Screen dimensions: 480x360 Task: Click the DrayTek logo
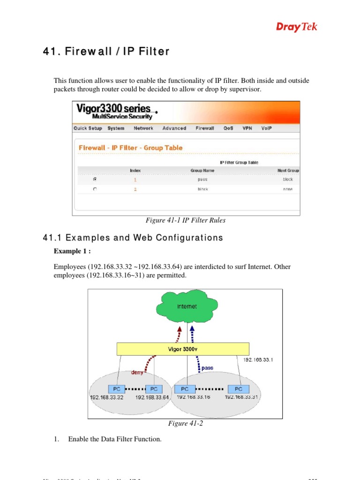[296, 27]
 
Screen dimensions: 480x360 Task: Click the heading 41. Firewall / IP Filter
[106, 52]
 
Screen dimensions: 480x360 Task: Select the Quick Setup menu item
[88, 128]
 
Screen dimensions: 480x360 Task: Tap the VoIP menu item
[266, 128]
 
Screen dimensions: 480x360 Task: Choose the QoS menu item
[228, 128]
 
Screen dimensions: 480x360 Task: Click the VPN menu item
[247, 128]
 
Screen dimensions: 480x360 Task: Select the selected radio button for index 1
[95, 179]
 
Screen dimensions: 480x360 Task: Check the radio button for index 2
[95, 189]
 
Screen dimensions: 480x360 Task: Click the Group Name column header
[202, 171]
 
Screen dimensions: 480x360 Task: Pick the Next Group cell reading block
[287, 180]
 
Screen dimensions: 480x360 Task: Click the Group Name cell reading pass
[202, 180]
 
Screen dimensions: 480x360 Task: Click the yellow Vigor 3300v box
[183, 349]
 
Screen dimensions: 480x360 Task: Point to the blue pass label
[207, 368]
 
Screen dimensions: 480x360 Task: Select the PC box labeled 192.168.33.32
[114, 389]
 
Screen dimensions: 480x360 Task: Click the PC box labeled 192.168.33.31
[239, 389]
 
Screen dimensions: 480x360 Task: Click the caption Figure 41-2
[185, 424]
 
